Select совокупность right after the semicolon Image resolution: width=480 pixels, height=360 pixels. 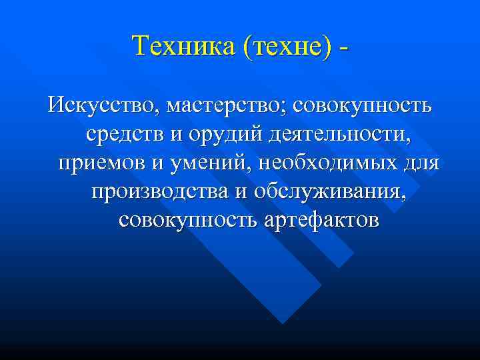(363, 105)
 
